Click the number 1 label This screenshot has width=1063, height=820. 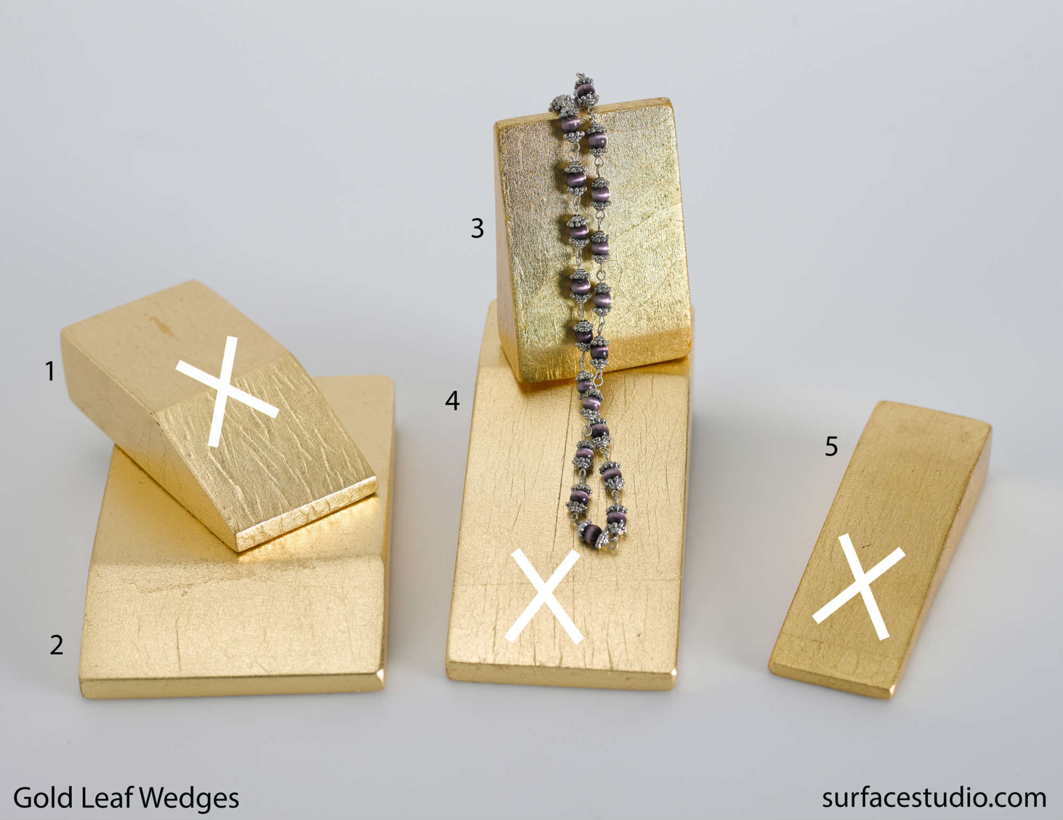50,371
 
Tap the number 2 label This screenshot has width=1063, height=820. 56,645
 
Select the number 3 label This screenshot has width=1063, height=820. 477,228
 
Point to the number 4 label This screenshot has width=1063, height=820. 452,400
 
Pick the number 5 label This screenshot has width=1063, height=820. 831,446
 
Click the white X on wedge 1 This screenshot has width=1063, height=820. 227,391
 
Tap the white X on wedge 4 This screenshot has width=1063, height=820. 543,596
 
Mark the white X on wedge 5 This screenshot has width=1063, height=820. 858,587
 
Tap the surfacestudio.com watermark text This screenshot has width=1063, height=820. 934,798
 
